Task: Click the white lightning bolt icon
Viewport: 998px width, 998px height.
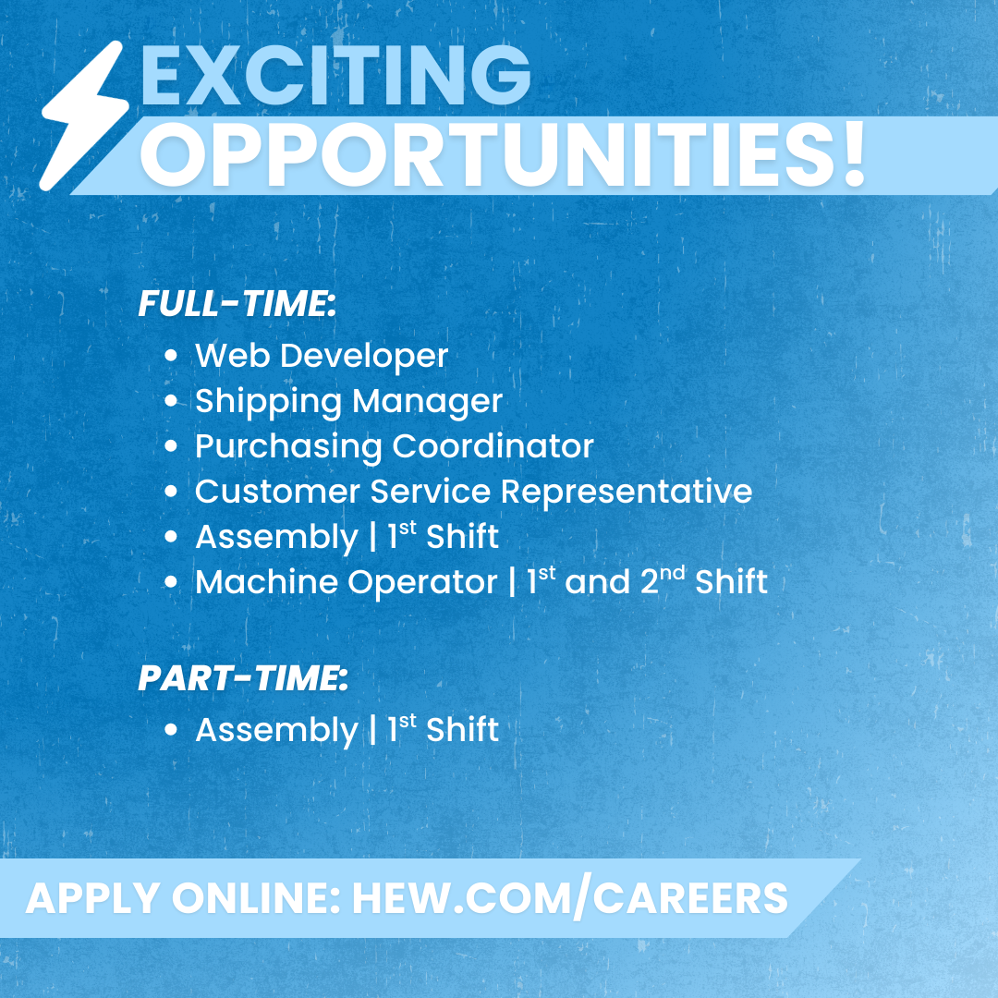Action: click(84, 116)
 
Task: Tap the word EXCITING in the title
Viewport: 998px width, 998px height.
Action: click(335, 75)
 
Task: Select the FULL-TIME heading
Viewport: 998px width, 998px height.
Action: click(237, 303)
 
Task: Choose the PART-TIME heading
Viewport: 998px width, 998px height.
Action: click(243, 677)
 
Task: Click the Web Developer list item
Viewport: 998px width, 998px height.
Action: click(322, 355)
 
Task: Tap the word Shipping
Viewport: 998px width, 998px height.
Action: click(269, 402)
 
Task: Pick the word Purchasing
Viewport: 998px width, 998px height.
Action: click(288, 447)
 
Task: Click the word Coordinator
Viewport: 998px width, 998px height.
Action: click(493, 445)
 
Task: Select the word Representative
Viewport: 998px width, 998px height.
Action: click(627, 493)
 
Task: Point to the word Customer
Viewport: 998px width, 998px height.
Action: click(277, 492)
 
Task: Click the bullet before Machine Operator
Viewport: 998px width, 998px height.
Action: click(171, 582)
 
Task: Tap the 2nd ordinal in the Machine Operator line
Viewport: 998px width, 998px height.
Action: click(663, 579)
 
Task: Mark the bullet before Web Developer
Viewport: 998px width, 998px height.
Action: click(171, 355)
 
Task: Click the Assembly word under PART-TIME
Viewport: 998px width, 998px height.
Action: click(277, 731)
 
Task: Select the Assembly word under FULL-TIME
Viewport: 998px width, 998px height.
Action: click(277, 538)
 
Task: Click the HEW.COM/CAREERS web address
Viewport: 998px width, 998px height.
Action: click(570, 898)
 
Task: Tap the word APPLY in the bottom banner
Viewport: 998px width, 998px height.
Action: click(93, 898)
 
